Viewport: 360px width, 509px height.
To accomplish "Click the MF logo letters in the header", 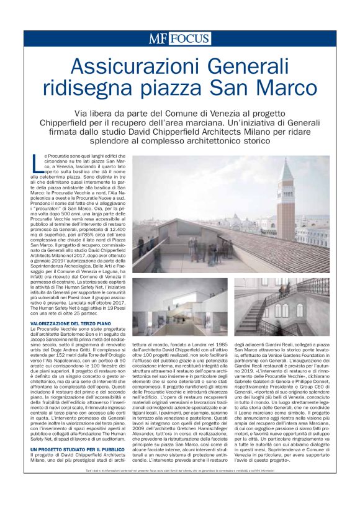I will [x=158, y=38].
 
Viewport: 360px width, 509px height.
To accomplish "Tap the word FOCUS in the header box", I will [x=189, y=38].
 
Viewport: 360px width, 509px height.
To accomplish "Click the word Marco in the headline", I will [x=287, y=88].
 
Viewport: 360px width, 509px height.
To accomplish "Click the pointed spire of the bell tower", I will [x=287, y=168].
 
